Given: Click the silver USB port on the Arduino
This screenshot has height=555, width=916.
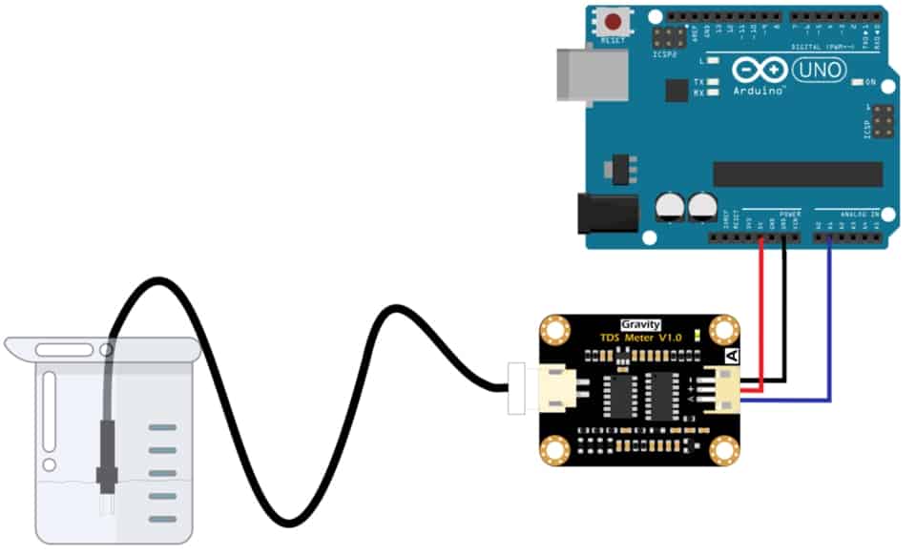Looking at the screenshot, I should tap(592, 74).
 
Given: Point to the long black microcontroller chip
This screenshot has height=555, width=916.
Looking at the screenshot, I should tap(798, 174).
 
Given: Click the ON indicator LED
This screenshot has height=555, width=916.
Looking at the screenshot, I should tap(858, 83).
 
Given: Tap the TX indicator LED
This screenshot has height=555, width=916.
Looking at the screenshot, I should tap(712, 83).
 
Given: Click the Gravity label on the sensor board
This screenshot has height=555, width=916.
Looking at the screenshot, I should tap(640, 324).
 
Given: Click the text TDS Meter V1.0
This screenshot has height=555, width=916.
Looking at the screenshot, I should tap(641, 339).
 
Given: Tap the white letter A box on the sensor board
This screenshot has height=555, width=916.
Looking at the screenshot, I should tap(733, 356).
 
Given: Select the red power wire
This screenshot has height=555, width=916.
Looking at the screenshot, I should tap(761, 315).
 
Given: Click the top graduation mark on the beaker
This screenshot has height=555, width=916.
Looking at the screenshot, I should tap(163, 428).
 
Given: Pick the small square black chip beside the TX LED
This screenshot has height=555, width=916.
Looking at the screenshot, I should tap(677, 91).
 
